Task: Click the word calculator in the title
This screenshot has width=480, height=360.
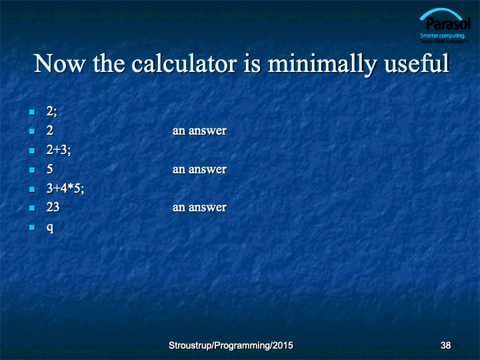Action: (x=185, y=63)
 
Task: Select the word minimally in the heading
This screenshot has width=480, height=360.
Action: (x=323, y=64)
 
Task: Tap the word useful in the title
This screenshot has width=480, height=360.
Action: (x=417, y=63)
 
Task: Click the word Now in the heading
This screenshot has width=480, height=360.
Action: (x=59, y=64)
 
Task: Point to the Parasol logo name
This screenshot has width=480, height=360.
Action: (x=448, y=23)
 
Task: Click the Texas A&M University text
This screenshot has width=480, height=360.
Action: (x=445, y=41)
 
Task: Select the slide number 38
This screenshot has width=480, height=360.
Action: (x=445, y=345)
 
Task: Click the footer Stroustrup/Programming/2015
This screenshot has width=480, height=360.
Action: (x=231, y=345)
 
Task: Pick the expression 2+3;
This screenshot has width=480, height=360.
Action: (x=59, y=150)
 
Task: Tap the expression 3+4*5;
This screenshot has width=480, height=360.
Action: (x=65, y=188)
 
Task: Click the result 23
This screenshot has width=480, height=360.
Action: (x=53, y=207)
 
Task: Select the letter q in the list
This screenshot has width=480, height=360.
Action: (x=50, y=228)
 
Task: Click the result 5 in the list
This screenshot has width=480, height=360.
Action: (x=50, y=169)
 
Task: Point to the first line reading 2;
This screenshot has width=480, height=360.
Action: (x=51, y=111)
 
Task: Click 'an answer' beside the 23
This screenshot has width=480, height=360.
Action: (x=199, y=207)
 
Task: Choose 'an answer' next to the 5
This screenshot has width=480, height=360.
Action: (x=199, y=169)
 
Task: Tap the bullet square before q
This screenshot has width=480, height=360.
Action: (x=32, y=227)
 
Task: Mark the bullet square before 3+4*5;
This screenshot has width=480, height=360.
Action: (x=32, y=189)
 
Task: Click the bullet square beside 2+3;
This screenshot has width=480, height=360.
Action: (x=32, y=151)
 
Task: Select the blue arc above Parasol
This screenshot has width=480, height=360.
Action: (x=441, y=11)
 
